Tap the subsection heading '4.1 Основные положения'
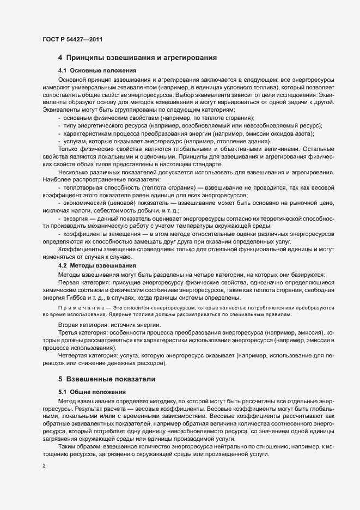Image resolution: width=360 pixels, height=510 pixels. (x=96, y=71)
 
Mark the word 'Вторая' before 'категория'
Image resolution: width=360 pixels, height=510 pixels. (x=69, y=325)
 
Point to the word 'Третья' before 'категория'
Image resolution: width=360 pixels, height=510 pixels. (x=69, y=332)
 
